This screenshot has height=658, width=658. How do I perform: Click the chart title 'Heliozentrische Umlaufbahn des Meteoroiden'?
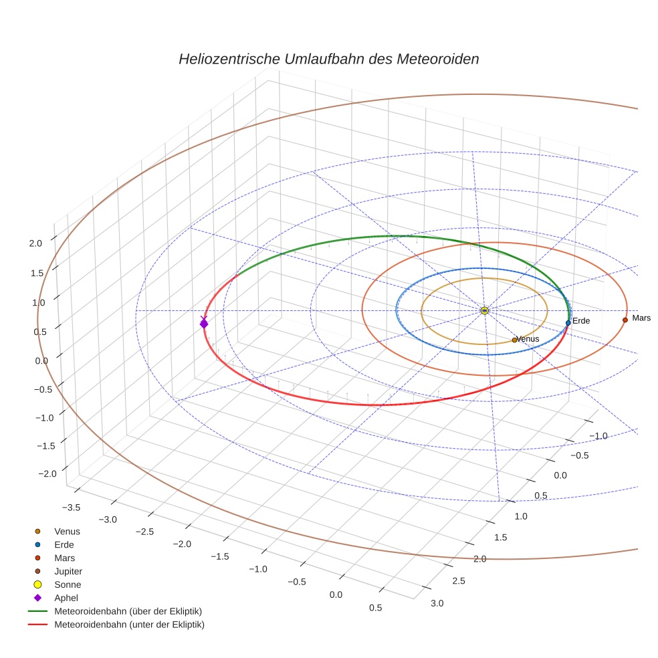[328, 59]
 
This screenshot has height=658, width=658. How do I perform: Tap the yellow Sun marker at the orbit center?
[485, 311]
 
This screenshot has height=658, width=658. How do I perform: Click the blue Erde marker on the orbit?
[568, 323]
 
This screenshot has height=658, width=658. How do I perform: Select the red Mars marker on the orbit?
[625, 320]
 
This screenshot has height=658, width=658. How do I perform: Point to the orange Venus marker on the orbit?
[514, 340]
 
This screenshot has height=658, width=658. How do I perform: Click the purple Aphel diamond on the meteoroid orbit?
[204, 324]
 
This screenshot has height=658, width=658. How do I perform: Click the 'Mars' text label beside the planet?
[641, 318]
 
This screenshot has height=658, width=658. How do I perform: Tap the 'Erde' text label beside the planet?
[581, 322]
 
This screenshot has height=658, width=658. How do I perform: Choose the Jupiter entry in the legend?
[68, 571]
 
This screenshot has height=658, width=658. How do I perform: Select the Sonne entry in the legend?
[68, 584]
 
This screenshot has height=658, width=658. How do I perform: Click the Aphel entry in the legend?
[66, 598]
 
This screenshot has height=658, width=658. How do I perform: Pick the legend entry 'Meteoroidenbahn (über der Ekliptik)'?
[128, 611]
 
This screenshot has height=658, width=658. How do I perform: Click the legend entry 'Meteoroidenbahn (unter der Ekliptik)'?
[129, 625]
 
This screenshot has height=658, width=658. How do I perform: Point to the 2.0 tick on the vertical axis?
[35, 243]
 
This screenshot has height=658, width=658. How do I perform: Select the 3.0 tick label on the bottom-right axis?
[437, 603]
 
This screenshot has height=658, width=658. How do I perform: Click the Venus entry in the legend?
[67, 531]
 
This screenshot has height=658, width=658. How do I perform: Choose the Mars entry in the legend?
[64, 558]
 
